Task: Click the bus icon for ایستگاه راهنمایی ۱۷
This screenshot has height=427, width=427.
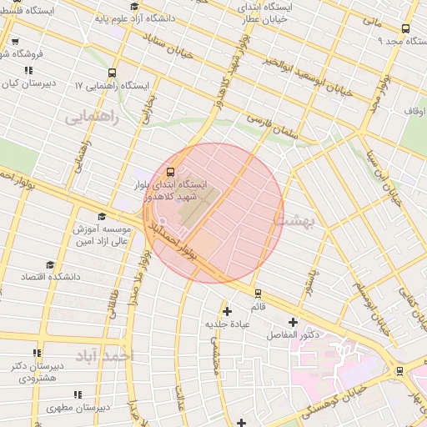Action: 113,72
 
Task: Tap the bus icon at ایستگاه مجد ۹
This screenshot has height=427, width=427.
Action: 404,28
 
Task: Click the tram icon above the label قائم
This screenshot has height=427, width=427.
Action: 257,293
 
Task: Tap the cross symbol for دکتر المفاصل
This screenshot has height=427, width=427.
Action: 292,322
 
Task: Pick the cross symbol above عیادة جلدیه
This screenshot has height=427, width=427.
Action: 227,311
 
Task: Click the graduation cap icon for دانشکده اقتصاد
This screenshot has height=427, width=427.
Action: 50,264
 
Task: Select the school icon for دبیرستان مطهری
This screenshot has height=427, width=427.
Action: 78,394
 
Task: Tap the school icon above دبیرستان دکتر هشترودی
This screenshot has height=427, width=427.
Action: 36,354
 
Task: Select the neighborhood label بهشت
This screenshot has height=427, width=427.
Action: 292,219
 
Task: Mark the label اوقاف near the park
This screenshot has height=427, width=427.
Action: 414,110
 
